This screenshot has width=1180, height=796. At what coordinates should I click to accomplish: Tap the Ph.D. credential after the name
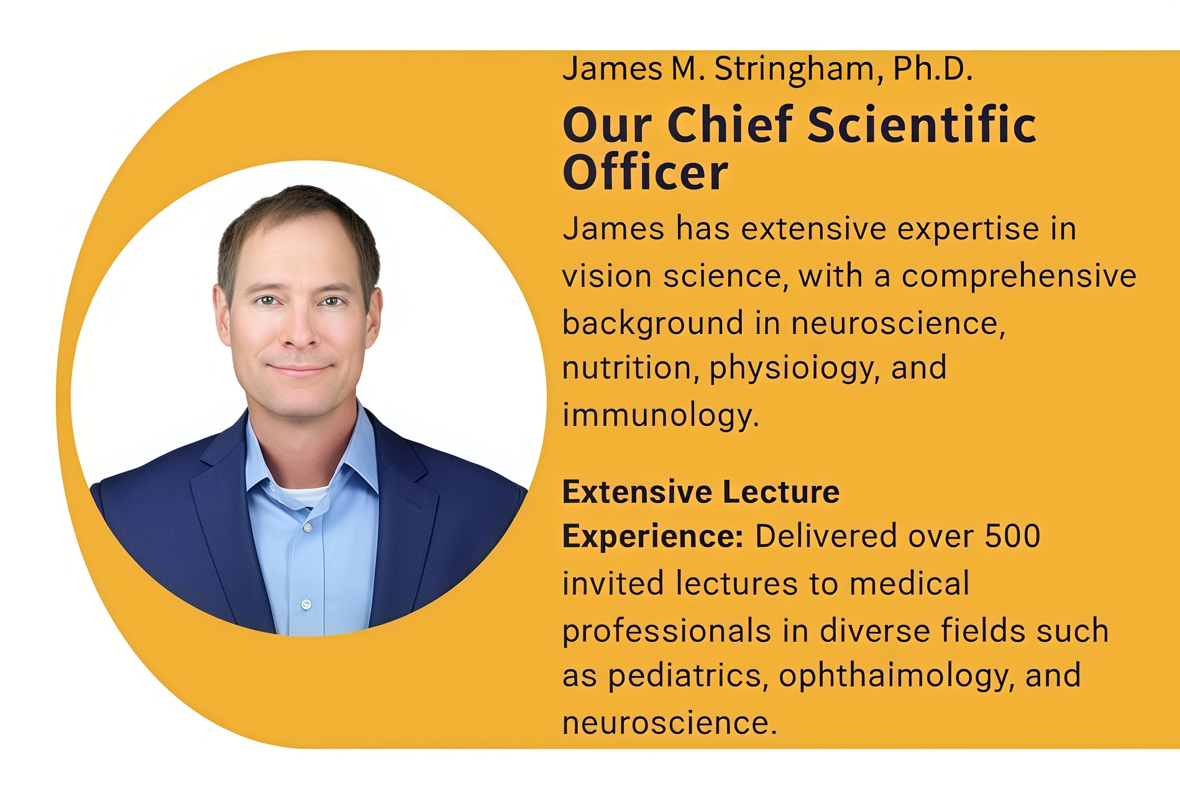(933, 68)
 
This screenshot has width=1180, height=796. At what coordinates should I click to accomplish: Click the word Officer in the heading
(645, 172)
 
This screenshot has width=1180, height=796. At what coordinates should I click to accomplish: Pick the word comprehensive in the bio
(1019, 277)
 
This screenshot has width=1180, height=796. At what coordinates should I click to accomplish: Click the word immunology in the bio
(661, 415)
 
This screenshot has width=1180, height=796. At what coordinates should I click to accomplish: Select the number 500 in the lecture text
(1012, 536)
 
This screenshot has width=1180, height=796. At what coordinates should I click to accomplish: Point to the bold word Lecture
(781, 492)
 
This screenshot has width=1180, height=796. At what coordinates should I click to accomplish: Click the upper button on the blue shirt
(307, 527)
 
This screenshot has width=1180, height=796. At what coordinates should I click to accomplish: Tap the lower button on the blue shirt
(306, 604)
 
